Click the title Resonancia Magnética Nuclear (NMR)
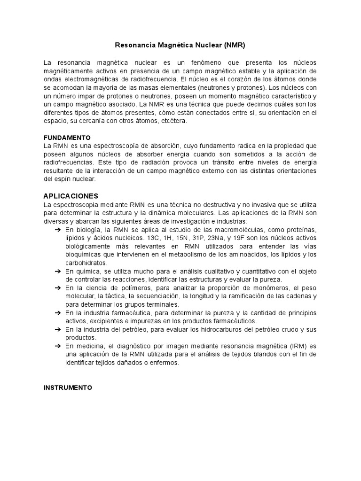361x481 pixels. [180, 46]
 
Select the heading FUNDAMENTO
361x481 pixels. [67, 138]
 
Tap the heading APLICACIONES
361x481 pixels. [71, 196]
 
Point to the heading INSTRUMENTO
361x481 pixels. [68, 388]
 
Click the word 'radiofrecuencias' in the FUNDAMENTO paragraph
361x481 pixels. [67, 163]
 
